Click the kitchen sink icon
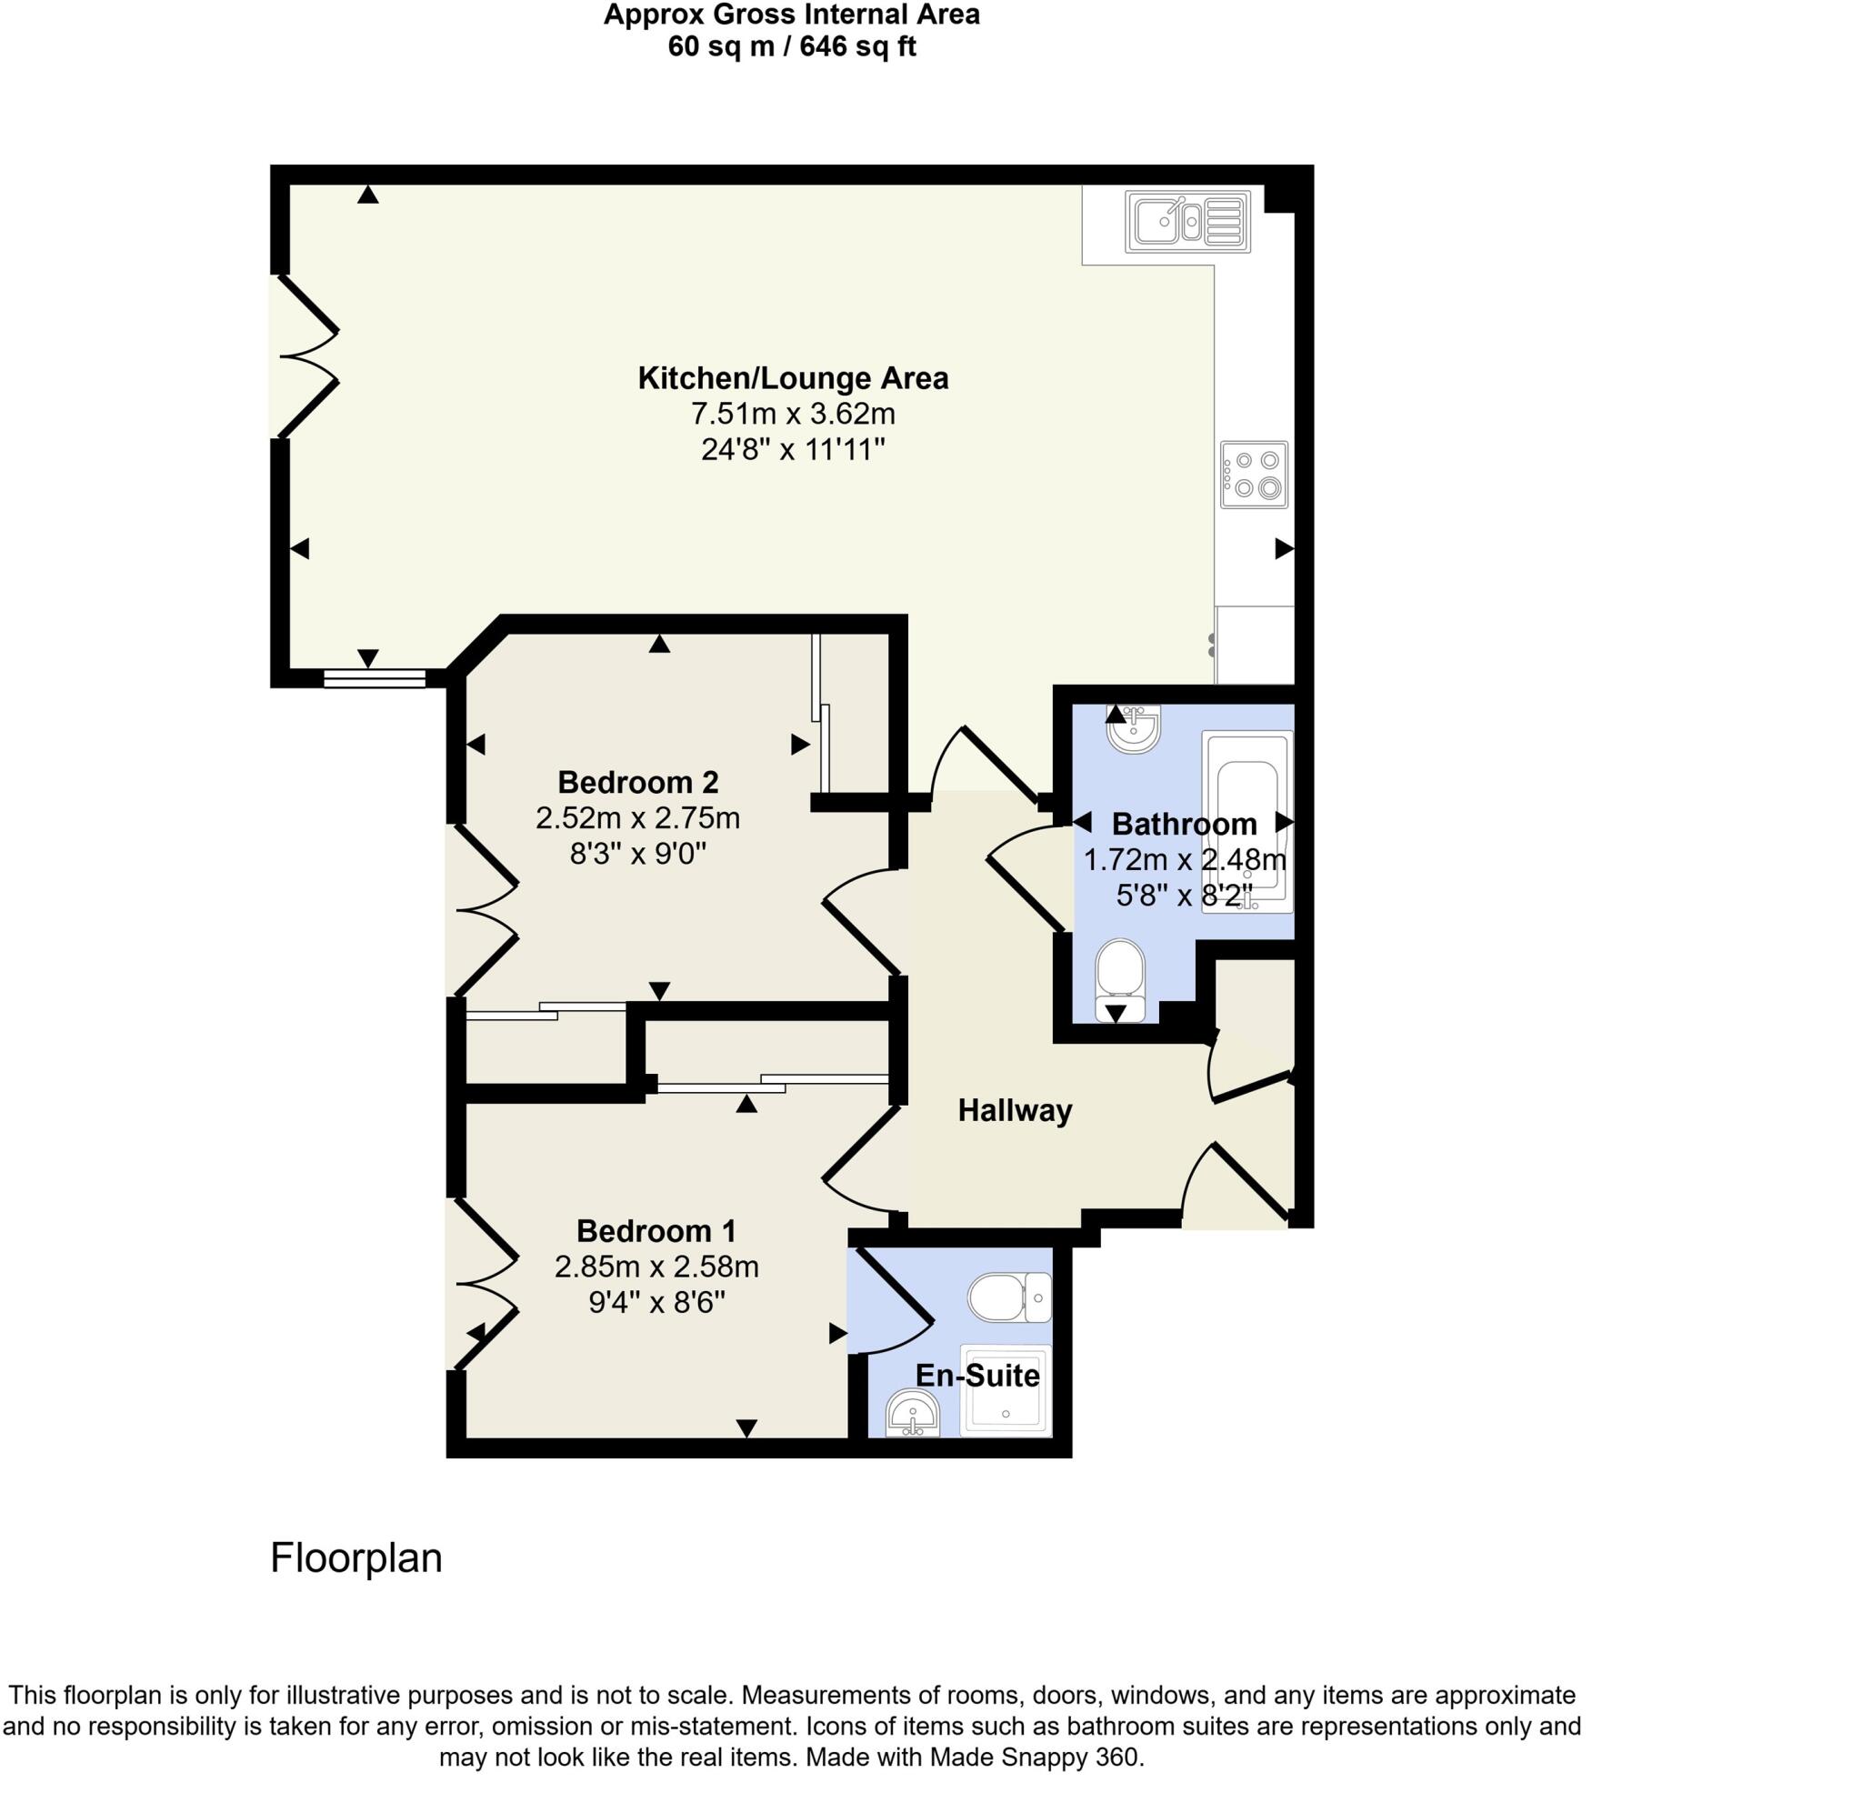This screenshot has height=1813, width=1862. coord(1186,222)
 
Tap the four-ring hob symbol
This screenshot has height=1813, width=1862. coord(1254,475)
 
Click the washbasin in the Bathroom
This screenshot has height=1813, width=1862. coord(1133,727)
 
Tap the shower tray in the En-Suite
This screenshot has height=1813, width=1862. coord(1006,1390)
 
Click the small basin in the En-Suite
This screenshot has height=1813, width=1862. coord(911,1413)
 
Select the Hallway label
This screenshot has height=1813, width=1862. coord(1014,1110)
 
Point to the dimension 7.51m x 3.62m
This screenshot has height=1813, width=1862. coord(792,415)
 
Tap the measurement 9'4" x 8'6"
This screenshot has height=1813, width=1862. coord(656,1302)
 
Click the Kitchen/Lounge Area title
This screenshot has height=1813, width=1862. coord(792,378)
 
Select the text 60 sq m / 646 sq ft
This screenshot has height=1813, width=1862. coord(791,46)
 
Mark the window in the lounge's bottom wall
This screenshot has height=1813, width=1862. coord(374,678)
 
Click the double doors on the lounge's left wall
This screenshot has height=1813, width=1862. coord(306,357)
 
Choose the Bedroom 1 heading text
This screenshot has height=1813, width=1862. coord(656,1231)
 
